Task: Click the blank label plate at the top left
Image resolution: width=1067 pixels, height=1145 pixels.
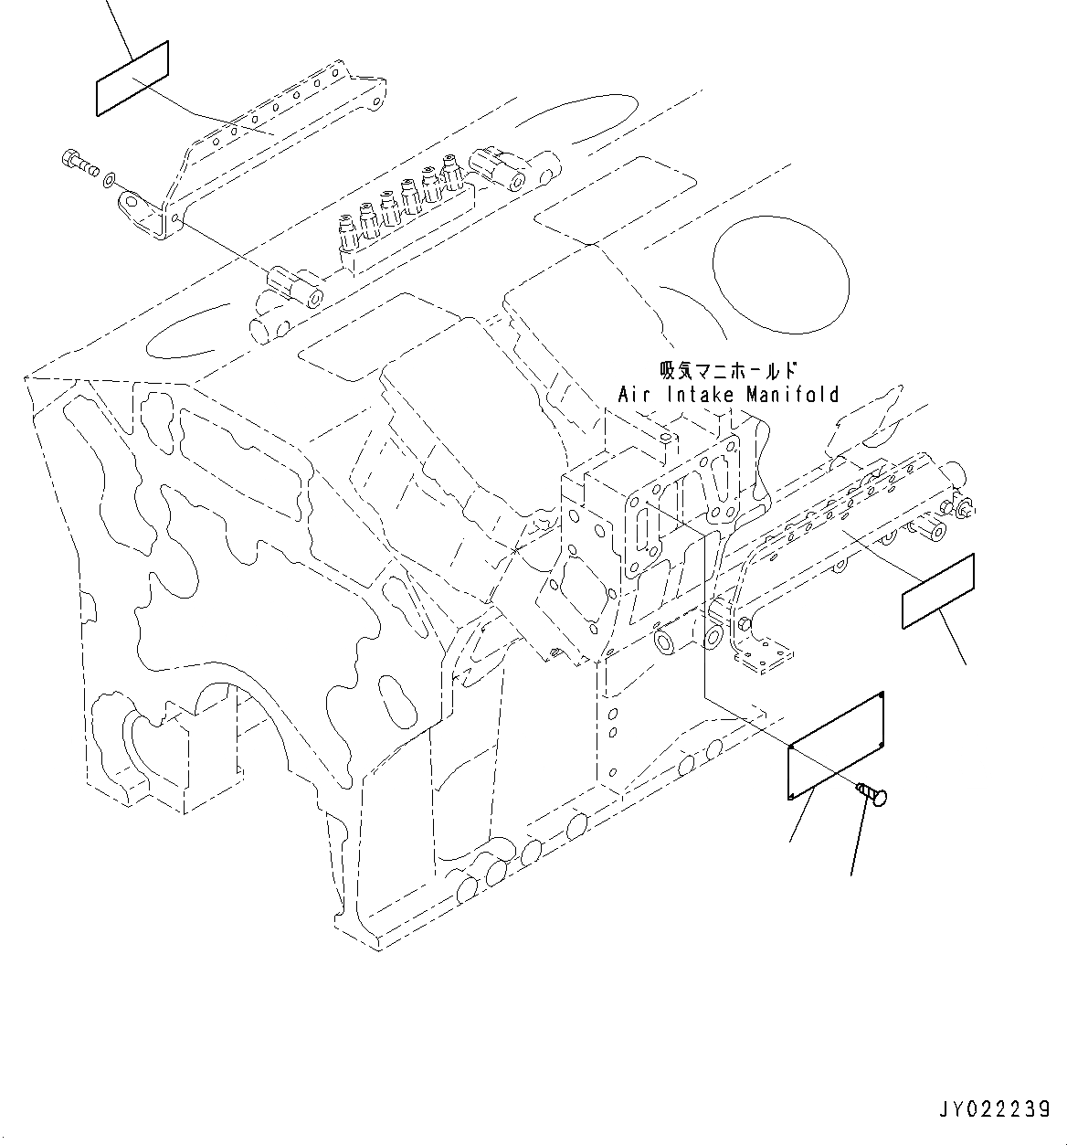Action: coord(132,79)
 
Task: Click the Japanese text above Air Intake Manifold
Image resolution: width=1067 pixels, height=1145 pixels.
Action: coord(728,371)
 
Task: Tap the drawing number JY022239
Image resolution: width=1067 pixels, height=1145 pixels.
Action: coord(992,1109)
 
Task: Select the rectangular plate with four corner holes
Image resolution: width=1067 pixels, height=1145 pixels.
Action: coord(836,747)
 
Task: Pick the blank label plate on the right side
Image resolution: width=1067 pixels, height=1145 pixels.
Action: coord(938,591)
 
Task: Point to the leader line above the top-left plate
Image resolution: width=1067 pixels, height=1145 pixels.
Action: coord(117,18)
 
